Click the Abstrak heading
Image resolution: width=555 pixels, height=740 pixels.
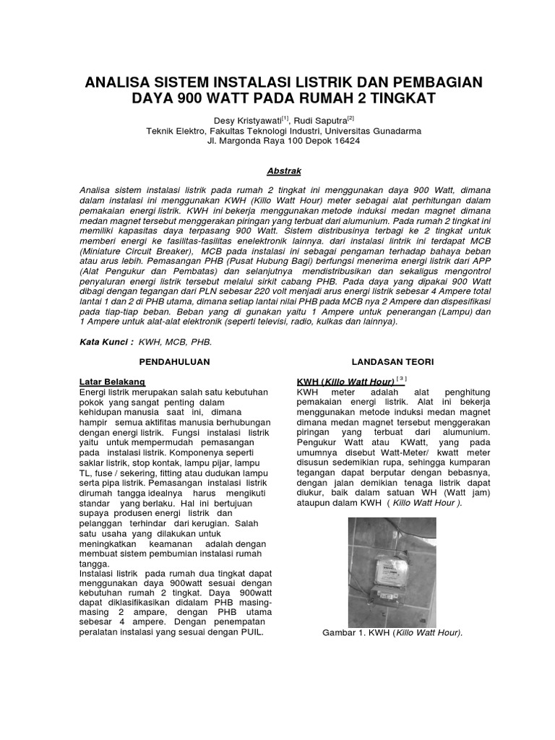283,171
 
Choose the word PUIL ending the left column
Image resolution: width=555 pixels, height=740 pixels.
251,631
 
